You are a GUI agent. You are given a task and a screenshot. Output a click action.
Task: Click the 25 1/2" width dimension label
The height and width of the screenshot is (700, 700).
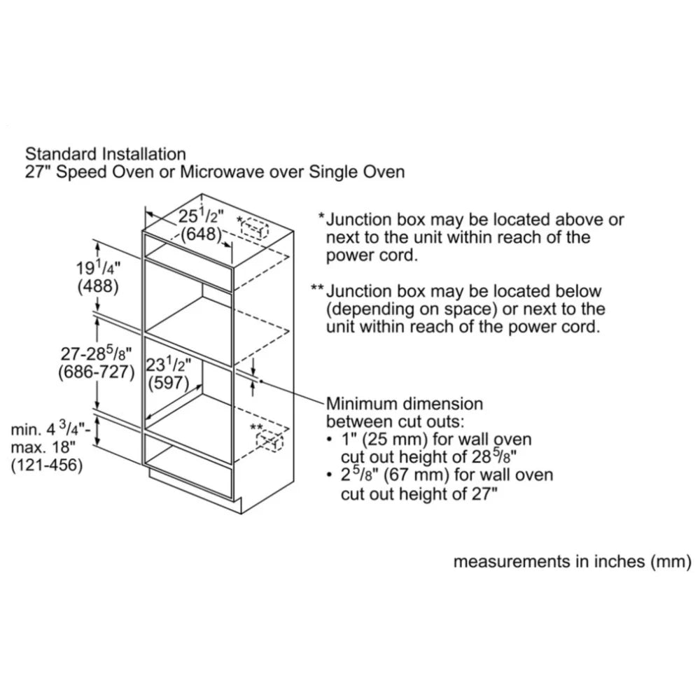[x=201, y=216]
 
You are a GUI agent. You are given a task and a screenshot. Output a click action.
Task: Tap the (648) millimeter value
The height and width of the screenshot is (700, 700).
[x=202, y=234]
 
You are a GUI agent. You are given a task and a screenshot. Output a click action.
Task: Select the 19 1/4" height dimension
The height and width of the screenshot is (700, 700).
[x=98, y=268]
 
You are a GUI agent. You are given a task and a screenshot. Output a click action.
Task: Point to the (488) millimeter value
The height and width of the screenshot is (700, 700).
[x=98, y=286]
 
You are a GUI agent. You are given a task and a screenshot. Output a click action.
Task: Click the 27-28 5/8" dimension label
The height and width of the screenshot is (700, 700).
[x=96, y=353]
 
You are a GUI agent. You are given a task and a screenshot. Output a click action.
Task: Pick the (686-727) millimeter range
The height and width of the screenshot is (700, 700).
[x=96, y=372]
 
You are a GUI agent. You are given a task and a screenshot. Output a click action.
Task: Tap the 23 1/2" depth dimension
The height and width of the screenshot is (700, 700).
[x=168, y=365]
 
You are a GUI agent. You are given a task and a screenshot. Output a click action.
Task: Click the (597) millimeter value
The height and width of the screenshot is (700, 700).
[x=168, y=383]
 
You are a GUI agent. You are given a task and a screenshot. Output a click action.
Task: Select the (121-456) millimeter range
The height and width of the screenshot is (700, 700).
[x=47, y=465]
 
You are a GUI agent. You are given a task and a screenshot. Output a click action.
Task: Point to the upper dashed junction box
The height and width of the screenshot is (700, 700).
[x=255, y=228]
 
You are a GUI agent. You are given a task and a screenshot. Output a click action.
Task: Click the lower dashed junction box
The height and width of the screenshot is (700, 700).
[x=269, y=441]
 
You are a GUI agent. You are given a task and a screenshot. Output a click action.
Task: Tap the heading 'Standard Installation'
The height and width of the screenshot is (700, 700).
[x=106, y=154]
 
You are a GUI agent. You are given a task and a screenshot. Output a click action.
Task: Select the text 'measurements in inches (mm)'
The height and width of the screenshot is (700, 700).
[x=573, y=561]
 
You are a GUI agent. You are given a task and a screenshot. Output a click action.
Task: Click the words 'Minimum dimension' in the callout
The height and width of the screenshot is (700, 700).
[x=405, y=404]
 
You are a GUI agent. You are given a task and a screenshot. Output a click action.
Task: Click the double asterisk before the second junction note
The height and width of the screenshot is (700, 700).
[x=317, y=288]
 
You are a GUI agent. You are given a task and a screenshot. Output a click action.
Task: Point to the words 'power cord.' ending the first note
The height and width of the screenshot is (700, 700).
[x=372, y=255]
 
